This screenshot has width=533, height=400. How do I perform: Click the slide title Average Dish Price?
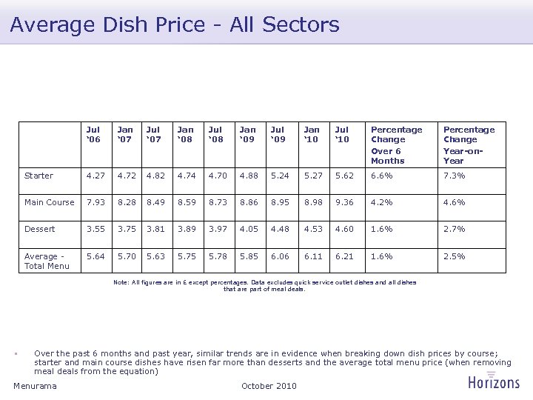(175, 25)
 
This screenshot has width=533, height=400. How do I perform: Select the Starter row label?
(38, 176)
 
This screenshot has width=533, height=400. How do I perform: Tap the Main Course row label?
(50, 202)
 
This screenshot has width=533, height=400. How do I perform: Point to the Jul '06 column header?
(93, 134)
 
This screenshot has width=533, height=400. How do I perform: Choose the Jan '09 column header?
(249, 134)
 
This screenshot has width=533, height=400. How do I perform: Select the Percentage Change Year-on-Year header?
(469, 144)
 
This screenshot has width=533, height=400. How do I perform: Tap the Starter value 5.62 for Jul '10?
(343, 176)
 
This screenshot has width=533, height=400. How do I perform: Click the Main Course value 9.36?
(343, 202)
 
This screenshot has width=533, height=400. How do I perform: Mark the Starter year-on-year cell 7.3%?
(454, 176)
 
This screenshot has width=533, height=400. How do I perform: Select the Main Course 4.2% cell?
(381, 202)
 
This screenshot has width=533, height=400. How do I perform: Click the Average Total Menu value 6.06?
(281, 256)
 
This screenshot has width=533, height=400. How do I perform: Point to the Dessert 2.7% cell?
(454, 229)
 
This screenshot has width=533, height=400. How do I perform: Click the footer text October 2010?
(269, 386)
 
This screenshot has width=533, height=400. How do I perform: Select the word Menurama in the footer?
(35, 386)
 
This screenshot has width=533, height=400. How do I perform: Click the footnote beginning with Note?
(264, 285)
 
